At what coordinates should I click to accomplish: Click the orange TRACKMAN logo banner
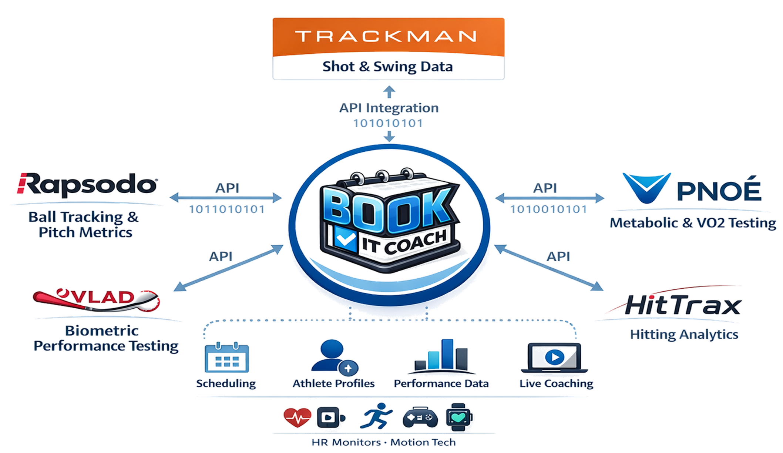(x=389, y=36)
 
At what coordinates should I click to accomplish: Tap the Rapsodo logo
(x=87, y=184)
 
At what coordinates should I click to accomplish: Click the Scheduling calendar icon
(x=227, y=358)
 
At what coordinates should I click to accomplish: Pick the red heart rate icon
(x=297, y=417)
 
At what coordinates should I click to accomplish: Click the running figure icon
(x=376, y=416)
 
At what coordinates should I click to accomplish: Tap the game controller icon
(x=420, y=418)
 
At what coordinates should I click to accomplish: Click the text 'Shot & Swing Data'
(x=387, y=67)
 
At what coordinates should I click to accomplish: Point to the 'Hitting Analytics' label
(x=684, y=335)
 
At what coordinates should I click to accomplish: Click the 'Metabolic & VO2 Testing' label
(x=693, y=223)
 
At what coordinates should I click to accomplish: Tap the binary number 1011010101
(x=227, y=210)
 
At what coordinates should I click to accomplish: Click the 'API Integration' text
(x=389, y=108)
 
